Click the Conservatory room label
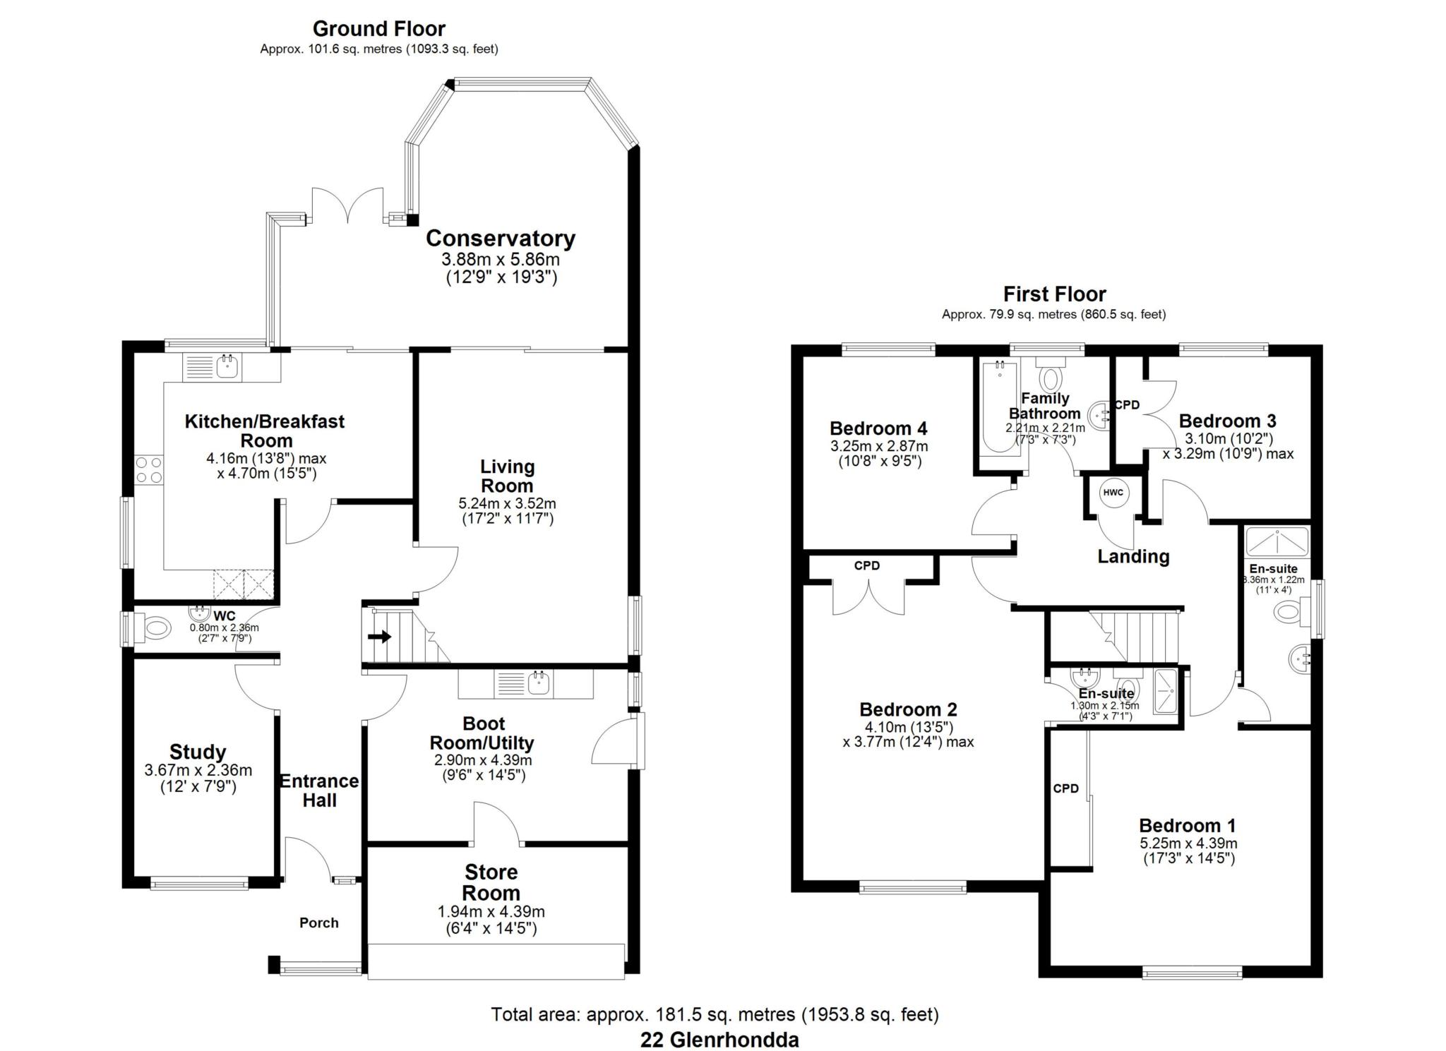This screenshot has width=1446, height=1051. tap(500, 239)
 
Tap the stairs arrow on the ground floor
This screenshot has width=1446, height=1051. tap(380, 637)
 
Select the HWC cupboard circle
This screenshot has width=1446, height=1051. tap(1113, 493)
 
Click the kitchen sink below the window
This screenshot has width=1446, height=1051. tap(227, 366)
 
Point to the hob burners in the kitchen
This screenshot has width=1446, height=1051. tap(149, 470)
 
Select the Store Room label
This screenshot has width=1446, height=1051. tap(491, 882)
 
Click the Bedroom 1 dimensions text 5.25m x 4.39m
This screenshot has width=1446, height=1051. tap(1188, 843)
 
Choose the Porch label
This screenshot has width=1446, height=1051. tap(318, 923)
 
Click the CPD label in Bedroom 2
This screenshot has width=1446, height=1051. tap(866, 565)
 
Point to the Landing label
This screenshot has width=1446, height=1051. tap(1133, 556)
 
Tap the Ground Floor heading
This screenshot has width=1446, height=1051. tap(378, 29)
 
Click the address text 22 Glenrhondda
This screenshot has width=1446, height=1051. tap(719, 1040)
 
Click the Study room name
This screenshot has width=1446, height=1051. tap(197, 752)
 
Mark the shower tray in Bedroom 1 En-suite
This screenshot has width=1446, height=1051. tap(1277, 542)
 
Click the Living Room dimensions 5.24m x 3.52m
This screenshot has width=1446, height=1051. tap(507, 504)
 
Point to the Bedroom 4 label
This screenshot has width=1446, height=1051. tap(878, 428)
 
